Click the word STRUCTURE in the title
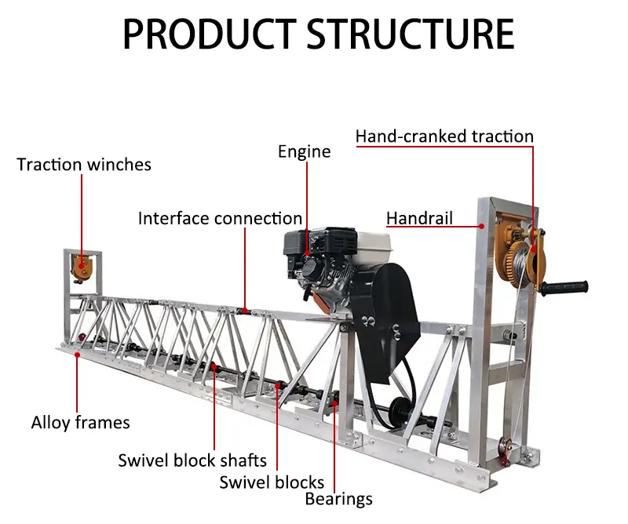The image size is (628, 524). click(x=411, y=34)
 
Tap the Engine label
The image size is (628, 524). click(x=304, y=151)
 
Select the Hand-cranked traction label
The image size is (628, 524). click(x=444, y=136)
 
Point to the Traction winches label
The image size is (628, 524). click(x=84, y=164)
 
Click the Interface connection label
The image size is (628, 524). click(x=220, y=218)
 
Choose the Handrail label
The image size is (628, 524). click(x=419, y=218)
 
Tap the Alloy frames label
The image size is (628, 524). click(x=80, y=423)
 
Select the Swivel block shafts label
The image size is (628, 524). click(x=192, y=460)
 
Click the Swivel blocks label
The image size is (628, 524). click(x=272, y=482)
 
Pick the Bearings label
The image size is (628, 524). click(x=338, y=498)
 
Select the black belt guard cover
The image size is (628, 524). click(x=388, y=322)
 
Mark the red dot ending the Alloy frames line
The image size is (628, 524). click(x=77, y=355)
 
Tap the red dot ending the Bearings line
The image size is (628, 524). click(x=335, y=403)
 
